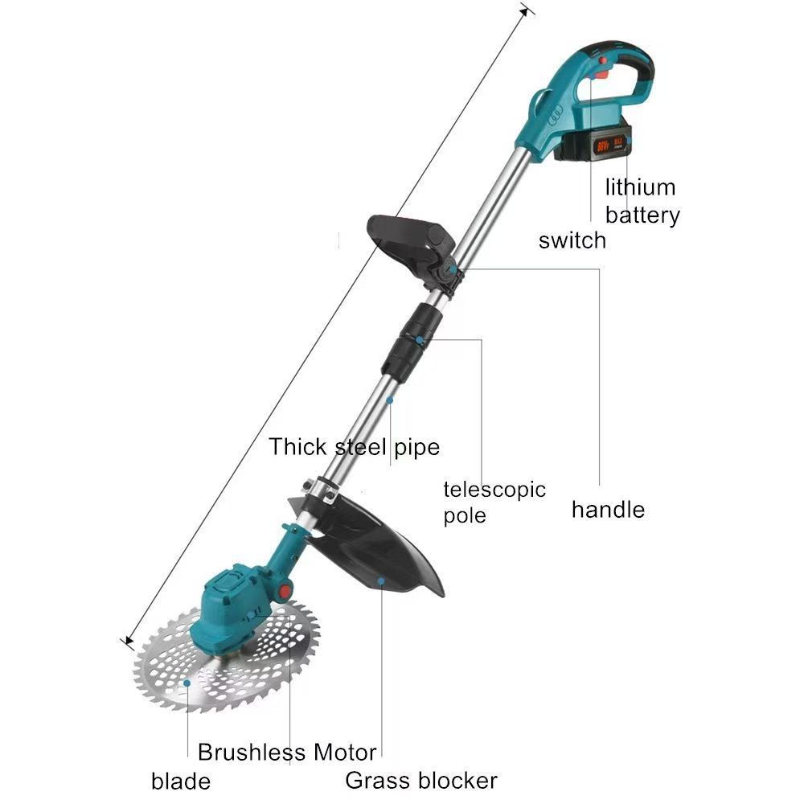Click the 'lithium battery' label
[x=642, y=201]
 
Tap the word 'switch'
[x=572, y=240]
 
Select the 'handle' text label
[x=608, y=509]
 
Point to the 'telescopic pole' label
[x=494, y=502]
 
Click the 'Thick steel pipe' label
[x=354, y=446]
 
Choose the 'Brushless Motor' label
[x=287, y=753]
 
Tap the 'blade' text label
[x=181, y=781]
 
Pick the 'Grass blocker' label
[x=421, y=780]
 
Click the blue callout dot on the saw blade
[x=187, y=683]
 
